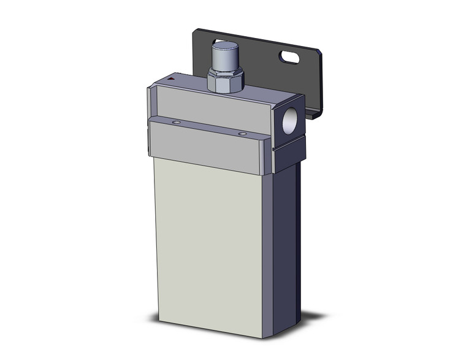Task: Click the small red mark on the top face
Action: pyautogui.click(x=172, y=80)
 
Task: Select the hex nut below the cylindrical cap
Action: pyautogui.click(x=225, y=81)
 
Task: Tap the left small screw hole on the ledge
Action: pyautogui.click(x=176, y=123)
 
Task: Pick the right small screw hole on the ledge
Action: pyautogui.click(x=243, y=133)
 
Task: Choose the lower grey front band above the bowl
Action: pyautogui.click(x=208, y=147)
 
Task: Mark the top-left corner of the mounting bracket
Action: pyautogui.click(x=196, y=29)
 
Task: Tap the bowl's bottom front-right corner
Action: pyautogui.click(x=263, y=337)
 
